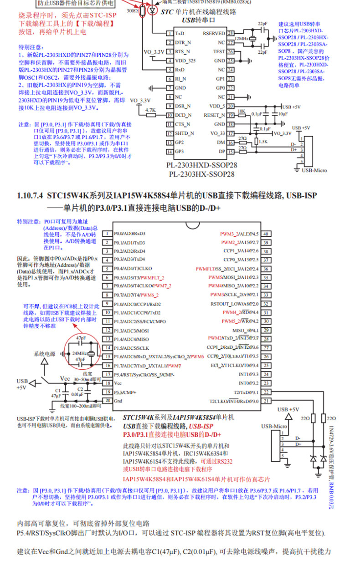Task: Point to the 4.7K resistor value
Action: [150, 110]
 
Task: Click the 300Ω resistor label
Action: [133, 10]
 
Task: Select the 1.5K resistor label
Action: [262, 142]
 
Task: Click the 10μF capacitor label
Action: [283, 113]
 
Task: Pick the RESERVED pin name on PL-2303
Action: [214, 34]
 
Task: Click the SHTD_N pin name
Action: [185, 133]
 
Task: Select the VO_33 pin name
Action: [217, 133]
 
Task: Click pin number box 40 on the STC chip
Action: [266, 234]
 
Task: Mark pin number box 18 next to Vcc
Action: [107, 383]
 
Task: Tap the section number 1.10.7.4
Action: [29, 195]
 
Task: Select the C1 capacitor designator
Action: [57, 391]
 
